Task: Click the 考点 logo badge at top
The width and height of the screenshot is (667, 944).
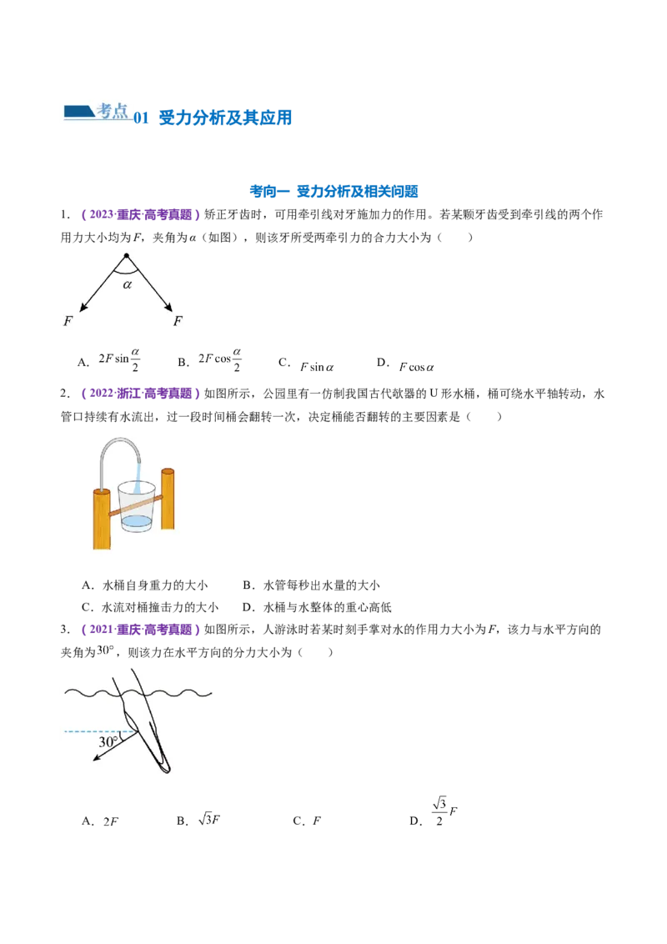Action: (97, 110)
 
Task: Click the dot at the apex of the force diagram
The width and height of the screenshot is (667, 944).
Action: (126, 255)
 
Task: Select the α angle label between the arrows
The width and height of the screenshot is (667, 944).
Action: (127, 284)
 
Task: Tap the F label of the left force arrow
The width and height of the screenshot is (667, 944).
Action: (67, 321)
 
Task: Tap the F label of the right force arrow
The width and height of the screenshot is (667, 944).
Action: (178, 321)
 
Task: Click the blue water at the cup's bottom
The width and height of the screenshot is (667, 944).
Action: (135, 523)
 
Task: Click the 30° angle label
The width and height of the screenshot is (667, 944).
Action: (108, 741)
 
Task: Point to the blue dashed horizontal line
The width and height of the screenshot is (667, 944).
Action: (92, 731)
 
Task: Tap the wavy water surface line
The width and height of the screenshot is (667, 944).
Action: (83, 693)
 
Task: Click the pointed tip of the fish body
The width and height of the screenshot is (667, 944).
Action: (166, 770)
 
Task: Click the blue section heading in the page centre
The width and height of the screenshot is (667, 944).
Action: (333, 192)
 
